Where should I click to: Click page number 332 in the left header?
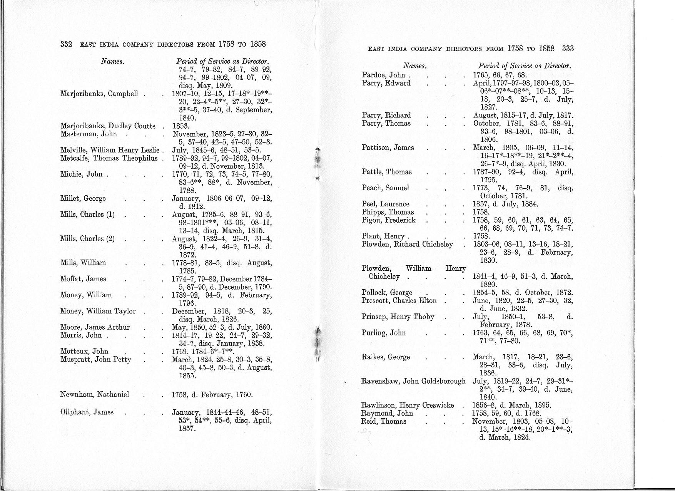(x=66, y=44)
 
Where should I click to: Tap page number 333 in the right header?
(x=568, y=49)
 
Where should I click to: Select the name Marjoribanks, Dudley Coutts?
(x=108, y=126)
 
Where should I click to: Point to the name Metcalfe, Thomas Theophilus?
(x=109, y=158)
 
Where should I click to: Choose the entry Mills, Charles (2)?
(x=87, y=238)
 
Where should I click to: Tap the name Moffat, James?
(x=83, y=279)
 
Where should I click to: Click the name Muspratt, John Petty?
(x=96, y=359)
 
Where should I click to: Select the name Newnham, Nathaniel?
(x=95, y=394)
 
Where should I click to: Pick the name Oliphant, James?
(x=87, y=412)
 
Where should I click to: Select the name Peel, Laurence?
(x=386, y=204)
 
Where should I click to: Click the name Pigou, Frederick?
(x=389, y=220)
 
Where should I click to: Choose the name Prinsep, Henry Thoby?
(x=398, y=317)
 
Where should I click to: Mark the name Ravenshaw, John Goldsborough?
(x=413, y=381)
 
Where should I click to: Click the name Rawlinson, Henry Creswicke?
(x=408, y=405)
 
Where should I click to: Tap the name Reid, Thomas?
(x=384, y=421)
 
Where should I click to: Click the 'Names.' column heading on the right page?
(x=415, y=66)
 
